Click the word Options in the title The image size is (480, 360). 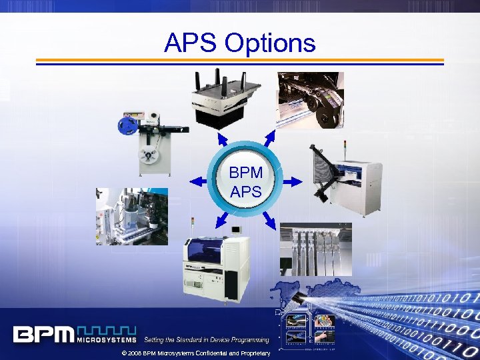pyautogui.click(x=270, y=44)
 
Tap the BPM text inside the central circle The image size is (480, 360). pyautogui.click(x=246, y=173)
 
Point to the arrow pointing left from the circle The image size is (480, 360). pyautogui.click(x=198, y=181)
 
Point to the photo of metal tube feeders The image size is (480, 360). pyautogui.click(x=316, y=249)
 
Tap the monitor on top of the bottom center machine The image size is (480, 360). pyautogui.click(x=237, y=231)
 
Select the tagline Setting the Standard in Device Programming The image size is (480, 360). pyautogui.click(x=207, y=340)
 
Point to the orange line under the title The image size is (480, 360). pyautogui.click(x=239, y=60)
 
